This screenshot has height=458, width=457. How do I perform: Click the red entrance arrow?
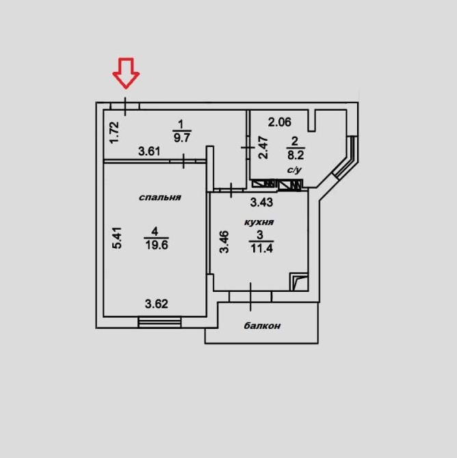[x=126, y=72]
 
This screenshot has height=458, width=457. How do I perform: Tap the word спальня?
[x=159, y=198]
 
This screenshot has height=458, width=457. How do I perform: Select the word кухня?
[x=259, y=222]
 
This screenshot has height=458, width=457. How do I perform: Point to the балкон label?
[x=262, y=326]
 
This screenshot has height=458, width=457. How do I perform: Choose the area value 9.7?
[x=181, y=137]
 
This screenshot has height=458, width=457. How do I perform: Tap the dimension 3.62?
[x=156, y=304]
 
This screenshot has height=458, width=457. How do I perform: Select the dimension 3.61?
[x=150, y=151]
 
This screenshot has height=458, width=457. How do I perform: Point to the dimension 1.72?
[x=114, y=131]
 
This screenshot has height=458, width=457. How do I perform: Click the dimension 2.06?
[x=279, y=123]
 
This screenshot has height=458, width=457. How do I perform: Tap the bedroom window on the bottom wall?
[x=159, y=321]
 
